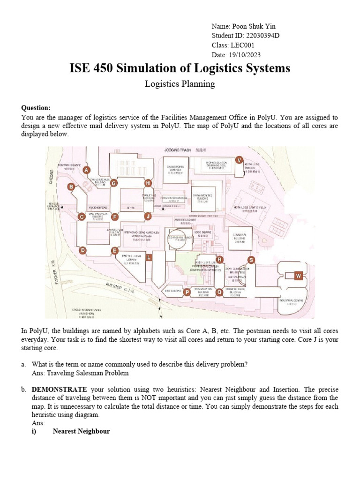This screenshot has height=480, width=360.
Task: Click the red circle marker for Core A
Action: [86, 171]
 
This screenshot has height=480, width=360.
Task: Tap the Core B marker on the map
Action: [71, 187]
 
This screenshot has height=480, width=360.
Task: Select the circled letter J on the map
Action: [148, 216]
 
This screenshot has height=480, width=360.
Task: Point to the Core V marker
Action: [239, 160]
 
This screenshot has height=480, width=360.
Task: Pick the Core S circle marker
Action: [251, 260]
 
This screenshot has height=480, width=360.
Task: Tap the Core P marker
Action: [187, 292]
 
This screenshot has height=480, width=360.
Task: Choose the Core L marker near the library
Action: [149, 258]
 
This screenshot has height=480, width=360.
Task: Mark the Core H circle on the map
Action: [148, 182]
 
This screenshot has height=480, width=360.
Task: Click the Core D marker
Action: [83, 251]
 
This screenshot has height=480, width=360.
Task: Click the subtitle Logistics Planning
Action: [180, 84]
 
